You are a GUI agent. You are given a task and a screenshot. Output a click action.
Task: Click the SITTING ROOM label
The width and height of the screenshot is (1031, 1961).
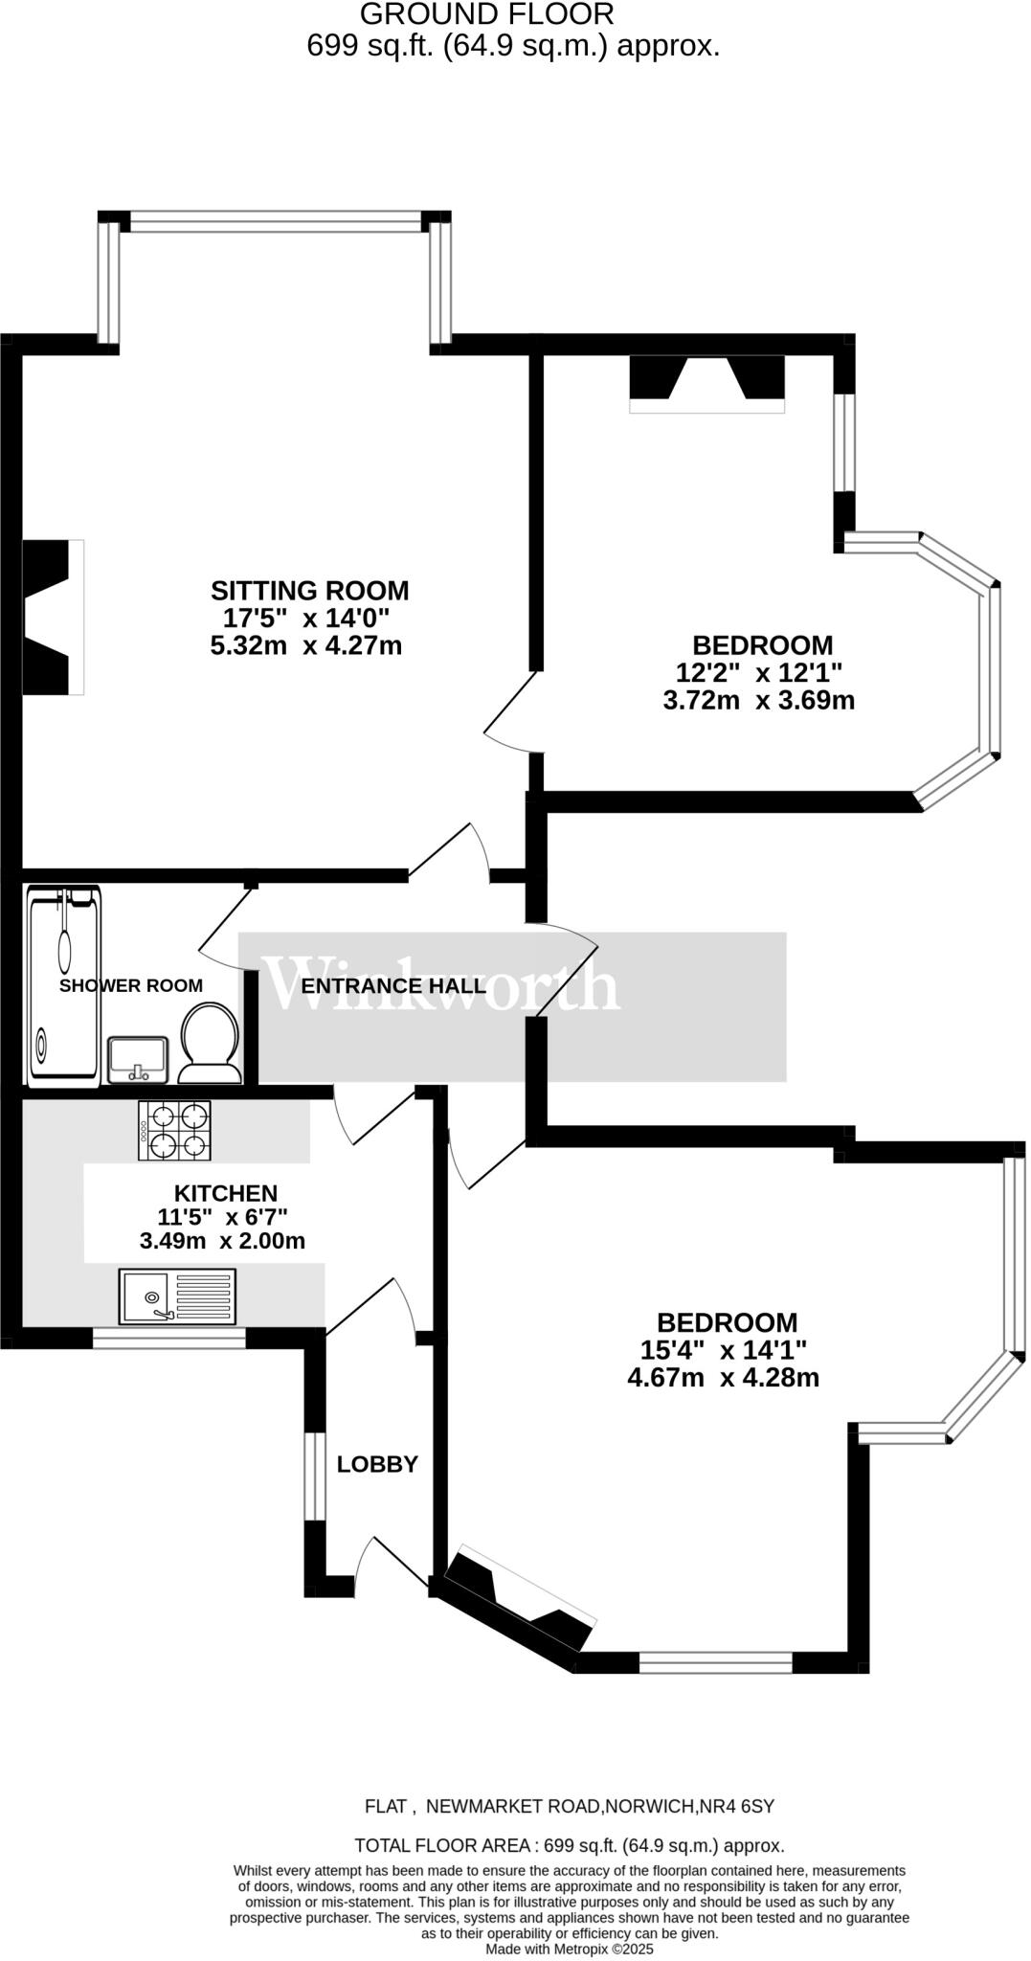[x=309, y=590]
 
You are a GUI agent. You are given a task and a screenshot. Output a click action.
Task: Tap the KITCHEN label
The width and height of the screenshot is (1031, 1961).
[x=226, y=1193]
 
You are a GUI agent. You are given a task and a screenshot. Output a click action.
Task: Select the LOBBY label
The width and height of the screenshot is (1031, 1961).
[x=377, y=1464]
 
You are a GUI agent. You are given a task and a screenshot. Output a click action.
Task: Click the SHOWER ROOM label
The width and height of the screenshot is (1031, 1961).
[x=131, y=985]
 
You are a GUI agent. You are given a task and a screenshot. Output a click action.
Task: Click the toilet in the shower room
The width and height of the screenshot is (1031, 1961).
[x=210, y=1042]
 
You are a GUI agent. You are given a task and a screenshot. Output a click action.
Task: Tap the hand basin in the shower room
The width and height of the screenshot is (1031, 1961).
[x=139, y=1059]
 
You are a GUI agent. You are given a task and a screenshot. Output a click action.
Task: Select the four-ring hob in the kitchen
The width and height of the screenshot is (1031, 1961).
[x=175, y=1131]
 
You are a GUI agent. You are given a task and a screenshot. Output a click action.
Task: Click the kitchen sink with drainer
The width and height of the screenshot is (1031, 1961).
[x=178, y=1296]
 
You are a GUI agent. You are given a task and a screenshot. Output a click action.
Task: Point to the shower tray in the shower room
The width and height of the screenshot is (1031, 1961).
[x=64, y=986]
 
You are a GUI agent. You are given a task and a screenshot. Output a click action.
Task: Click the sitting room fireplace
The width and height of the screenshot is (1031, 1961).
[x=53, y=617]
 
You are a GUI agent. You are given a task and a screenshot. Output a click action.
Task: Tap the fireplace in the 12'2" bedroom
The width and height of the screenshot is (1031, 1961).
[x=706, y=382]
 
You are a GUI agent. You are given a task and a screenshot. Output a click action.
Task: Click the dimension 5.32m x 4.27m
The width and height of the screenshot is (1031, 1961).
[x=306, y=645]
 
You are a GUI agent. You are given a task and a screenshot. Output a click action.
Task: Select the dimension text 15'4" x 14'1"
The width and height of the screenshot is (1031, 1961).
[x=724, y=1350]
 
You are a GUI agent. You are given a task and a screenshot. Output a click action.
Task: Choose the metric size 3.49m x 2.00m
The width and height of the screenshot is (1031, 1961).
[x=222, y=1241]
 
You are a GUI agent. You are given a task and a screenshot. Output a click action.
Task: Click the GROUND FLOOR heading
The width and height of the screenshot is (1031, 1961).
[x=486, y=13]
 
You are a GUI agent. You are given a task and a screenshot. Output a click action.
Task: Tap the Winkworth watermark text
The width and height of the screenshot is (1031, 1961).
[x=443, y=984]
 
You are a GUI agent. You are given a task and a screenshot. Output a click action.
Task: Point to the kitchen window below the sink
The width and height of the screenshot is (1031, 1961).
[x=169, y=1338]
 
